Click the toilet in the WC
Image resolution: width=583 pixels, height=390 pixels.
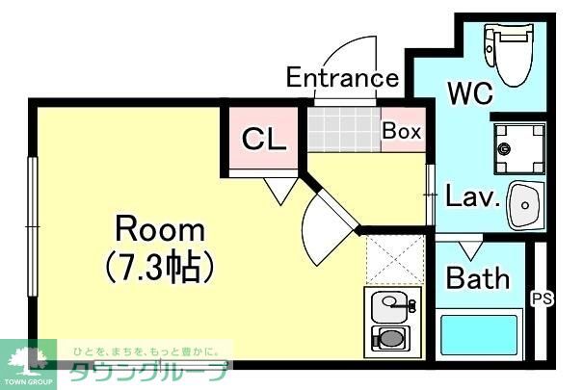(510, 54)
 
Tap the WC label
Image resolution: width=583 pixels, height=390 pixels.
(470, 92)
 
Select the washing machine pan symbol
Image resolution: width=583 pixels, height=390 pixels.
(519, 148)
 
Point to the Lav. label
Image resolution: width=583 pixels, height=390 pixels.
(472, 195)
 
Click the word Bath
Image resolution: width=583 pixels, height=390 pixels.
(478, 278)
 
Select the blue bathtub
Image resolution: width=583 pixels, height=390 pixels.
(479, 335)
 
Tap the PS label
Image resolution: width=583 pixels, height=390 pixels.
(543, 299)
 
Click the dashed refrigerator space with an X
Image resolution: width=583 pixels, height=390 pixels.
(396, 260)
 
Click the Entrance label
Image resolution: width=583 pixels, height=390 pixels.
(342, 77)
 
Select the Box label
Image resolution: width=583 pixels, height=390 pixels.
(402, 131)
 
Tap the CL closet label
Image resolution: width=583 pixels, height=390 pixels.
(264, 139)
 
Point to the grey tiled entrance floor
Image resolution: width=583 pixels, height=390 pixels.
(344, 130)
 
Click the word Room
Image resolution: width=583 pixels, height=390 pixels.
(160, 230)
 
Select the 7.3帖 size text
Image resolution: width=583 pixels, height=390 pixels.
(160, 266)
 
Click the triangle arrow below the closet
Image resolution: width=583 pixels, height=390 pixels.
(281, 191)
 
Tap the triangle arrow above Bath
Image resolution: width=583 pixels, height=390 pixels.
(470, 251)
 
